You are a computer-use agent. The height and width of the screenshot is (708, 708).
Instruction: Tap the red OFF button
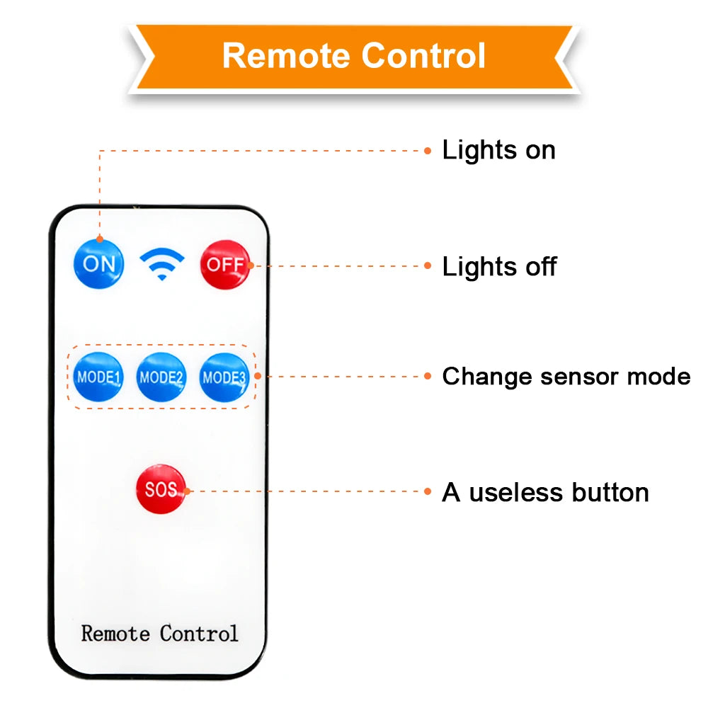(x=225, y=264)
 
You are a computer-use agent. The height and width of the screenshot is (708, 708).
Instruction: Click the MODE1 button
(x=98, y=377)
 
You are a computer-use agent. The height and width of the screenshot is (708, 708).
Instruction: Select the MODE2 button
(x=161, y=377)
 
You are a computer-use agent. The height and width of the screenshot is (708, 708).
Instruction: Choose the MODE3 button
(x=224, y=377)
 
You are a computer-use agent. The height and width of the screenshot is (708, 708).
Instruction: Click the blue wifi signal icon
(x=161, y=264)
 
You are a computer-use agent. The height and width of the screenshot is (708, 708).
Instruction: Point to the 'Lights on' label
(x=498, y=150)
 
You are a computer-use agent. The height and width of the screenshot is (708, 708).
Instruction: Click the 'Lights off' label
(x=499, y=267)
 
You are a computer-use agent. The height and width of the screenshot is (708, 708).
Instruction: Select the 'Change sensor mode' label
(x=566, y=376)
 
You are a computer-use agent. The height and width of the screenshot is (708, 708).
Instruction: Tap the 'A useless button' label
(x=545, y=492)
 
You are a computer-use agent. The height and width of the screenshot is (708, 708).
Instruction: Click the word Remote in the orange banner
(x=285, y=56)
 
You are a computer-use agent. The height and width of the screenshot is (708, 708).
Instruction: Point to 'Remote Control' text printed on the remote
(x=159, y=632)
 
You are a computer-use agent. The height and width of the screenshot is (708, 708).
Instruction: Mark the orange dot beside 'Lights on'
(x=428, y=150)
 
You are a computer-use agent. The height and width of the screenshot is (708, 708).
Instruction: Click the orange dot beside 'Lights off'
(x=428, y=266)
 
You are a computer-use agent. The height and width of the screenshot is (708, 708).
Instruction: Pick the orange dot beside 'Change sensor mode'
(x=428, y=376)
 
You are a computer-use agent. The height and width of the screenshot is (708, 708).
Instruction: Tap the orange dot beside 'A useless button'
(x=428, y=491)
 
